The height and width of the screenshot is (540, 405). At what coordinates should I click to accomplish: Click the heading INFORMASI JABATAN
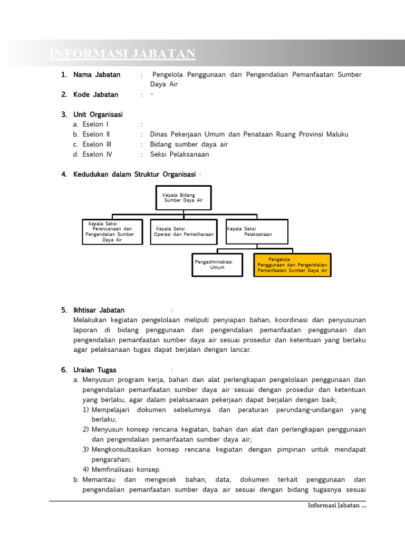[x=122, y=54]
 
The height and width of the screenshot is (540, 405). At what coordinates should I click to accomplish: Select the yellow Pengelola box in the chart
[x=292, y=265]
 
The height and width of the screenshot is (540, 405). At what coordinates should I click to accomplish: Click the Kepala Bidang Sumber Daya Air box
[x=183, y=198]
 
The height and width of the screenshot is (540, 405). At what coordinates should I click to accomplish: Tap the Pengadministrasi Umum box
[x=217, y=264]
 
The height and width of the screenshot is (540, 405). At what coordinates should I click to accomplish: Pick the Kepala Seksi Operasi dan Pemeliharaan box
[x=184, y=232]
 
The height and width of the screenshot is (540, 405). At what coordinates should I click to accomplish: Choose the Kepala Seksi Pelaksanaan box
[x=257, y=232]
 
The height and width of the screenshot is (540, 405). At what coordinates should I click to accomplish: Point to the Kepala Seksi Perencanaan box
[x=112, y=232]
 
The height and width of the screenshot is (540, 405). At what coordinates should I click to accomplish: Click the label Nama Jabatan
[x=97, y=75]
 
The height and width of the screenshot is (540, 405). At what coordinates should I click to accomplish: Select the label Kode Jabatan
[x=96, y=95]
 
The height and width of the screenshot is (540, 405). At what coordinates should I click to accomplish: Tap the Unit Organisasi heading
[x=98, y=114]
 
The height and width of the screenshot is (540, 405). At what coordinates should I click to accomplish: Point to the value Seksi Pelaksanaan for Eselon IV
[x=179, y=155]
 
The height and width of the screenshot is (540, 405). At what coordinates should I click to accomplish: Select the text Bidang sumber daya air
[x=189, y=144]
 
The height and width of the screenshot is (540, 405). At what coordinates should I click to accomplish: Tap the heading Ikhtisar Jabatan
[x=99, y=310]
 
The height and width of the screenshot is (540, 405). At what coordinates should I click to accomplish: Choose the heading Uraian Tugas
[x=95, y=370]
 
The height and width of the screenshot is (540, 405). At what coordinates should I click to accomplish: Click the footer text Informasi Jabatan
[x=336, y=506]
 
